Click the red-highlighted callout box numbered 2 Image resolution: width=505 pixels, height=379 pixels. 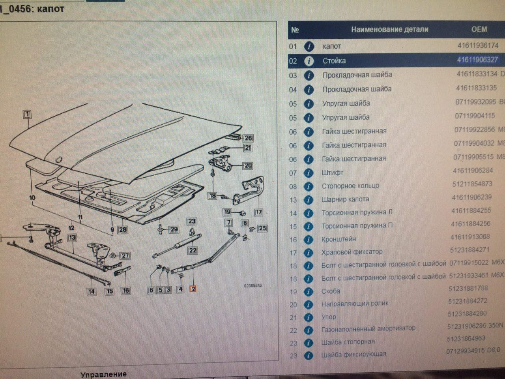click(x=193, y=289)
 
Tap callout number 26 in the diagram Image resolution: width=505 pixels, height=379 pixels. click(x=248, y=138)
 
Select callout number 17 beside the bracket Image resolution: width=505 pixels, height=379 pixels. click(x=258, y=212)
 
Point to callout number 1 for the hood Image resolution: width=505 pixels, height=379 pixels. click(x=27, y=114)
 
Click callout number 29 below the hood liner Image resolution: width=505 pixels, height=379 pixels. click(x=174, y=229)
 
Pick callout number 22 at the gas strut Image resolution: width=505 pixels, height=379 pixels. click(x=193, y=250)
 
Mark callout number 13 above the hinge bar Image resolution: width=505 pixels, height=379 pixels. click(x=72, y=238)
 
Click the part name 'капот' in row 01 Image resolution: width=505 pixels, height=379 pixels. click(x=331, y=46)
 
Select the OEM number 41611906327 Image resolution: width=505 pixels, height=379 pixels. click(x=477, y=60)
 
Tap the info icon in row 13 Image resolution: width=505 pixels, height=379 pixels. click(x=309, y=200)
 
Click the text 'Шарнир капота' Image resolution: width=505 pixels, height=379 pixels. click(x=345, y=199)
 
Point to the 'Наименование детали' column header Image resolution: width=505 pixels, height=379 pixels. click(x=389, y=29)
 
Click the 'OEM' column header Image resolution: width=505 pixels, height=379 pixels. click(x=479, y=29)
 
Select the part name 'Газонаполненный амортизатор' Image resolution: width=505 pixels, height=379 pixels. click(x=368, y=328)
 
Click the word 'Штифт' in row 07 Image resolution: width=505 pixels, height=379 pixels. click(x=332, y=173)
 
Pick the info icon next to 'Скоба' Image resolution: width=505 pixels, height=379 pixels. click(x=309, y=292)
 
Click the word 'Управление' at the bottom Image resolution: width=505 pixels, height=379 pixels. click(x=103, y=374)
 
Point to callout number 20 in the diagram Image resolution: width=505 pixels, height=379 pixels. click(x=248, y=166)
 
